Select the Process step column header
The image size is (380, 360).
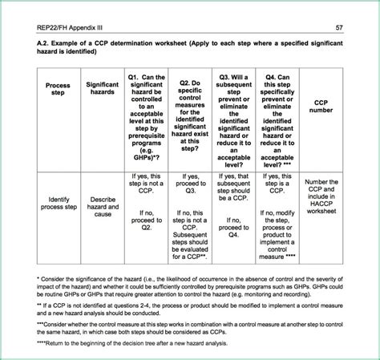pos(58,90)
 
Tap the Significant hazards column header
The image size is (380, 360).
pos(102,90)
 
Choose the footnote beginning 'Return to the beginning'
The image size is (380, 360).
pos(131,342)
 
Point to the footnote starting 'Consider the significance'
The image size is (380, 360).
pos(188,286)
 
